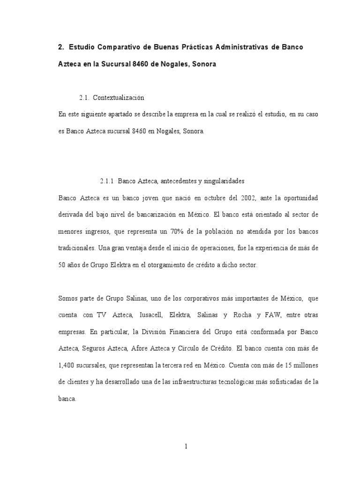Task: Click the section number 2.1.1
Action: pos(107,180)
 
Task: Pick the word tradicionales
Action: pos(78,248)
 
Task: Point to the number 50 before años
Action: pos(63,265)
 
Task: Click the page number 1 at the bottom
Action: pos(186,447)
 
